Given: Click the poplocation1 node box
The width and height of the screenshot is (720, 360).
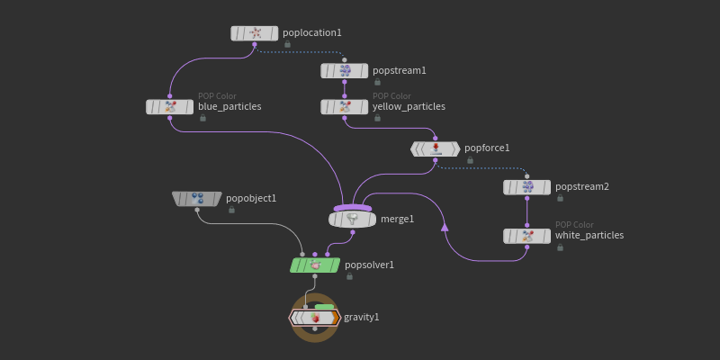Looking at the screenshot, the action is click(255, 33).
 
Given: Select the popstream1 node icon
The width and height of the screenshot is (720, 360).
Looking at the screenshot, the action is click(345, 71).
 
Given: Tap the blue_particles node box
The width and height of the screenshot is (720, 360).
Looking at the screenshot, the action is click(170, 106).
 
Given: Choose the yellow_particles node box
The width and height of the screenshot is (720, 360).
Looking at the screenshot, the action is click(345, 106).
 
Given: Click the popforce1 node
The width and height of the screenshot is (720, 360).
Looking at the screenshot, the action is click(435, 148).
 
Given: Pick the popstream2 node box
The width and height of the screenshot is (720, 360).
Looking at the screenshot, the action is click(526, 187).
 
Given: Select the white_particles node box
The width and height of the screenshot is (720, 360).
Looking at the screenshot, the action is click(526, 236).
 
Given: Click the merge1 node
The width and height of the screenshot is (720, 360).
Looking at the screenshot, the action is click(352, 219).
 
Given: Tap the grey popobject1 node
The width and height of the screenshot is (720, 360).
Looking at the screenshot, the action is click(197, 199).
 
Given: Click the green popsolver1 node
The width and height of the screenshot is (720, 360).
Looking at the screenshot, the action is click(315, 265).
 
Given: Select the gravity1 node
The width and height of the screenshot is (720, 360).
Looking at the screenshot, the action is click(314, 318).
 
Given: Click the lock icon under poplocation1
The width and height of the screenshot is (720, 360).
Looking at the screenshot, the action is click(287, 44).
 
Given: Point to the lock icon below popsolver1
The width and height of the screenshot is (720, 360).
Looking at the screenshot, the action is click(349, 276).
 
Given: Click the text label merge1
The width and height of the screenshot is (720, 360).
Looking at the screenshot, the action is click(398, 219).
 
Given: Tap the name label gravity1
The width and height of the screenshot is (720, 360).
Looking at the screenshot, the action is click(362, 318).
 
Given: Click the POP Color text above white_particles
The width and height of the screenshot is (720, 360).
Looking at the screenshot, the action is click(574, 225).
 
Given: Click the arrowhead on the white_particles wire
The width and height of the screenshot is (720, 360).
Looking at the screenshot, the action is click(445, 226).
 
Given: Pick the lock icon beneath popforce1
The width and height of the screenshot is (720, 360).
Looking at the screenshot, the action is click(470, 160).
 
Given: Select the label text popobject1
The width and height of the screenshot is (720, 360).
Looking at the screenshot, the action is click(251, 199).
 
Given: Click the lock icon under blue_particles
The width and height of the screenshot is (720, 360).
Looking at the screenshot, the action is click(203, 118).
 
